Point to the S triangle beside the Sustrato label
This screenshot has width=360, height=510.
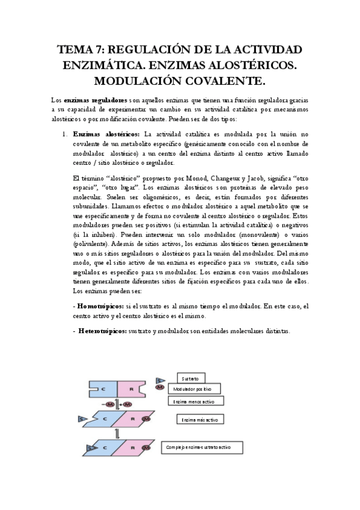click(159, 380)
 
